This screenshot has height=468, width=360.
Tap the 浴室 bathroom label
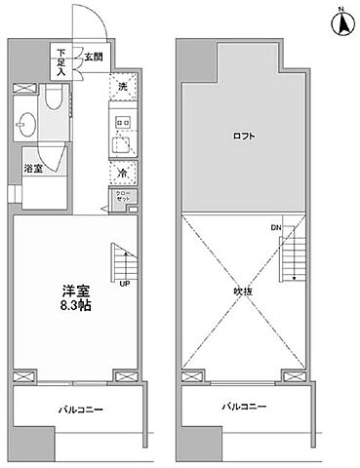point(32,169)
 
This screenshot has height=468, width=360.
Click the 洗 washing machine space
point(123,86)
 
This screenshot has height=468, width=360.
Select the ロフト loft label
point(244,136)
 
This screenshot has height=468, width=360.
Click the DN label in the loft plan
point(275,229)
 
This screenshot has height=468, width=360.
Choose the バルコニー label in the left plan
point(79,409)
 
